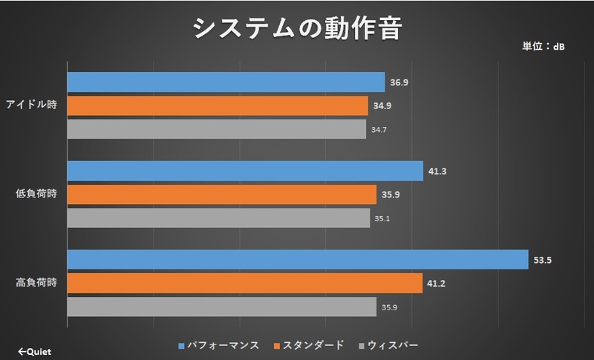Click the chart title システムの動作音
click(297, 28)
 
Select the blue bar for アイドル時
click(226, 82)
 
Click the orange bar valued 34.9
click(218, 105)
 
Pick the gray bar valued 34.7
click(217, 129)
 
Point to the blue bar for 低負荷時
click(245, 171)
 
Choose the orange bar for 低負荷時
click(222, 194)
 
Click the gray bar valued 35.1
click(218, 218)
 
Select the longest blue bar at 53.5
click(297, 260)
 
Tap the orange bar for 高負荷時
click(244, 283)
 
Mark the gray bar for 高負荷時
click(222, 307)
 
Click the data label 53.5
click(541, 260)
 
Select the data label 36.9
click(399, 82)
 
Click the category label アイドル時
click(33, 105)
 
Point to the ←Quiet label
click(34, 351)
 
